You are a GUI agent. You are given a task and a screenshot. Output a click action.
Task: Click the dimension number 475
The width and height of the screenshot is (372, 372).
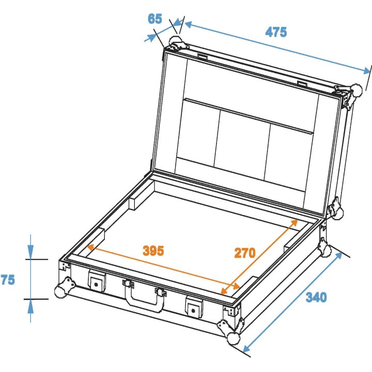click(x=276, y=32)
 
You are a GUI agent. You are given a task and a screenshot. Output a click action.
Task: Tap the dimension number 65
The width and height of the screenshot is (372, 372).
click(x=154, y=19)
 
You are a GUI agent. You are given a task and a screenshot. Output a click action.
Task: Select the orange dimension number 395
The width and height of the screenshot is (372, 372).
click(x=153, y=251)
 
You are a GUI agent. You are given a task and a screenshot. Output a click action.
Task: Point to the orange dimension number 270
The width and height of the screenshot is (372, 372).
click(x=245, y=253)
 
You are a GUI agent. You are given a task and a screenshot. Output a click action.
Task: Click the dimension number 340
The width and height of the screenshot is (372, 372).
click(x=316, y=298)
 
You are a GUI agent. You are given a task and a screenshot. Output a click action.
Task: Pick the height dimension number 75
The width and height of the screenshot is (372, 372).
click(x=8, y=280)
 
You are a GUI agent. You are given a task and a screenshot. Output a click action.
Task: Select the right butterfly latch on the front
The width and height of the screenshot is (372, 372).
click(x=194, y=307)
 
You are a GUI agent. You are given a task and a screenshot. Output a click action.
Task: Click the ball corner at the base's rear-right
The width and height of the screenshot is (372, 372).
click(x=326, y=250)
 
